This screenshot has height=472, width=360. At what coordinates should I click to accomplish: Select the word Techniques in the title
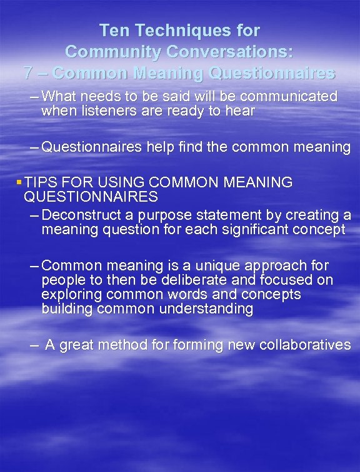[x=176, y=30]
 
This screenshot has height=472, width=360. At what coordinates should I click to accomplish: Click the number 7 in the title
[x=27, y=73]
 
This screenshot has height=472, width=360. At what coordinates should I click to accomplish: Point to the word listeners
[x=101, y=111]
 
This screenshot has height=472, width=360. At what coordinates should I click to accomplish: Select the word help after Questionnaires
[x=161, y=147]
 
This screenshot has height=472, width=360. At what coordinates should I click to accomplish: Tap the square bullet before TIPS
[x=19, y=182]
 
